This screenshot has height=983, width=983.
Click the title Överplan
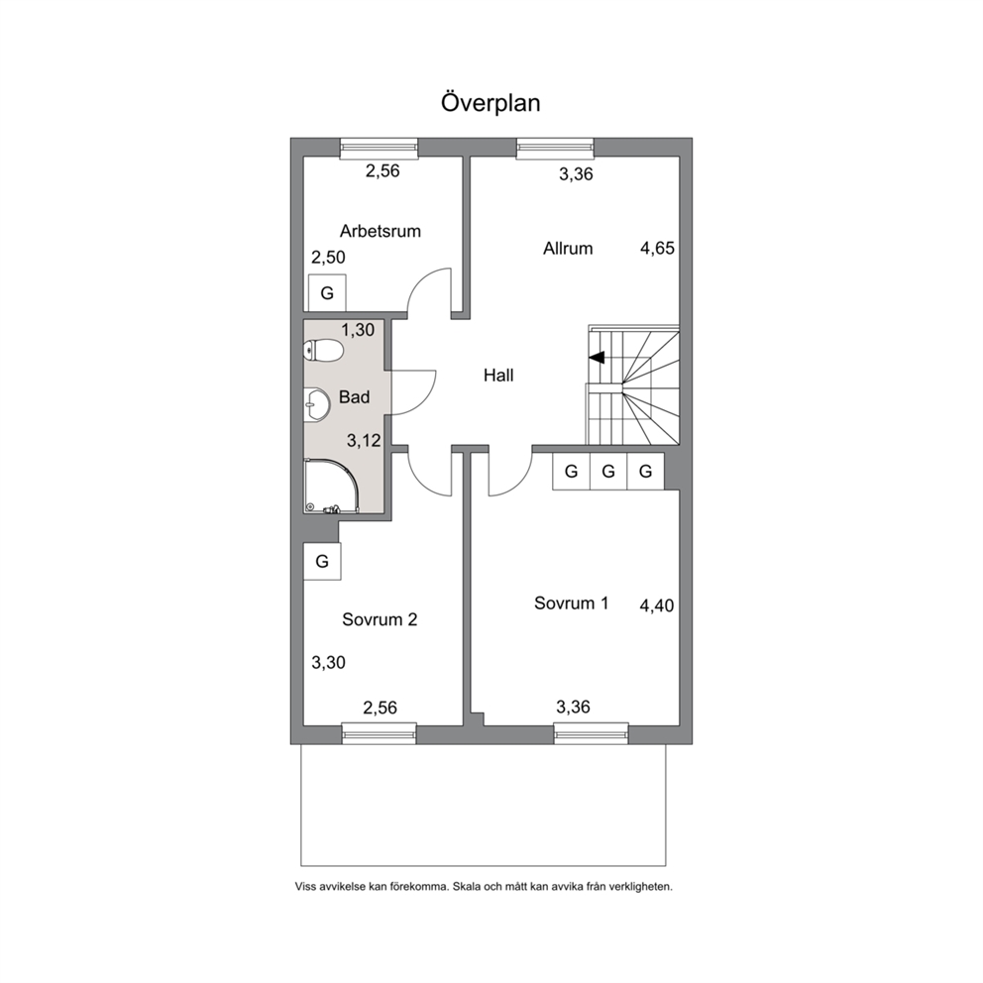point(491,102)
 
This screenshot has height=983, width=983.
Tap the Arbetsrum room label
point(380,231)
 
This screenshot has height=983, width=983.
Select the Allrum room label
point(568,249)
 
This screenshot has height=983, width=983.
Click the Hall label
point(498,375)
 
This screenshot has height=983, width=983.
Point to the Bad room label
point(354,396)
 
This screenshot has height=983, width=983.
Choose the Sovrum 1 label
point(571,603)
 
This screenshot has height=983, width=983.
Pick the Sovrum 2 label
point(380,619)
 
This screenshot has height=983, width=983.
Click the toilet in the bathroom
point(323,351)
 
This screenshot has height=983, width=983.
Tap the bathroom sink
point(316,403)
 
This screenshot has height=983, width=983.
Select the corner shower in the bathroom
point(331,488)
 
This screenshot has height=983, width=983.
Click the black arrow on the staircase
point(597,358)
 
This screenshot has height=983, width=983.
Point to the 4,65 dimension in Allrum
point(657,249)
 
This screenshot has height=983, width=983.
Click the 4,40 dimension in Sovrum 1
point(656,605)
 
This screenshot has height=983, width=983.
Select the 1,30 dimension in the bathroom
point(358,330)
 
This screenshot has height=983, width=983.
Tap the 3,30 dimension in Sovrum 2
point(329,662)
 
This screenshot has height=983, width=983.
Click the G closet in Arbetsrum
point(327,292)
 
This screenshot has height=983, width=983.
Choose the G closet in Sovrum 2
point(322,561)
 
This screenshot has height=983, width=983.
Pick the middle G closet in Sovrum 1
point(608,471)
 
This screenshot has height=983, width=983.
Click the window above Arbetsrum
point(379,147)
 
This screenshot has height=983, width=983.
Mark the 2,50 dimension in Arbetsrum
point(329,257)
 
